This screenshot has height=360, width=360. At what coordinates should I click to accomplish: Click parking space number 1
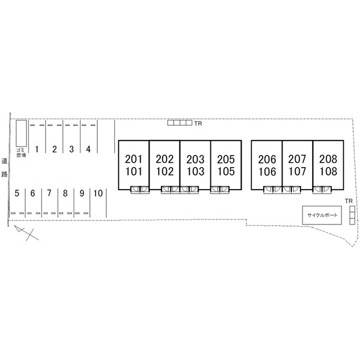pos(37,149)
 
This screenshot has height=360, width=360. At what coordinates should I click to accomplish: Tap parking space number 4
pos(88,149)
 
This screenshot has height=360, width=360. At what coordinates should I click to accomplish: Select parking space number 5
pos(17,193)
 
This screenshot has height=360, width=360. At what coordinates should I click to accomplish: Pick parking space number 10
pos(98,193)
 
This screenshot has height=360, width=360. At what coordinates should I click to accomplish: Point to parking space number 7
pos(49,193)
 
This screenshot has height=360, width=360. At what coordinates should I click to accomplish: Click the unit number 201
pos(134,159)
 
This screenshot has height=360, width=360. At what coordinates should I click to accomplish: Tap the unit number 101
pos(134,172)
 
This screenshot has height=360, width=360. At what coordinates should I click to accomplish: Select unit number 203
pos(195,159)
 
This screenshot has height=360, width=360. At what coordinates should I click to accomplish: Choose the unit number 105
pos(226,172)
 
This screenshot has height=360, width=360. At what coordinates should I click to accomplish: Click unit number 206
pos(267,159)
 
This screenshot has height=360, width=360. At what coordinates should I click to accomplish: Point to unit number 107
pos(297,172)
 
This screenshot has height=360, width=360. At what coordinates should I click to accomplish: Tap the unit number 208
pos(327,159)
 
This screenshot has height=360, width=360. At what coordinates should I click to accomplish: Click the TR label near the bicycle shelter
pos(349,201)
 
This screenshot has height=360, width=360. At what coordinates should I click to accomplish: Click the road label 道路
pos(4,167)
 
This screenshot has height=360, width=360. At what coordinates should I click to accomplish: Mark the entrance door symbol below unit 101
pos(139,190)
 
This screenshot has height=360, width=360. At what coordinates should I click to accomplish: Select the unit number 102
pos(165,172)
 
